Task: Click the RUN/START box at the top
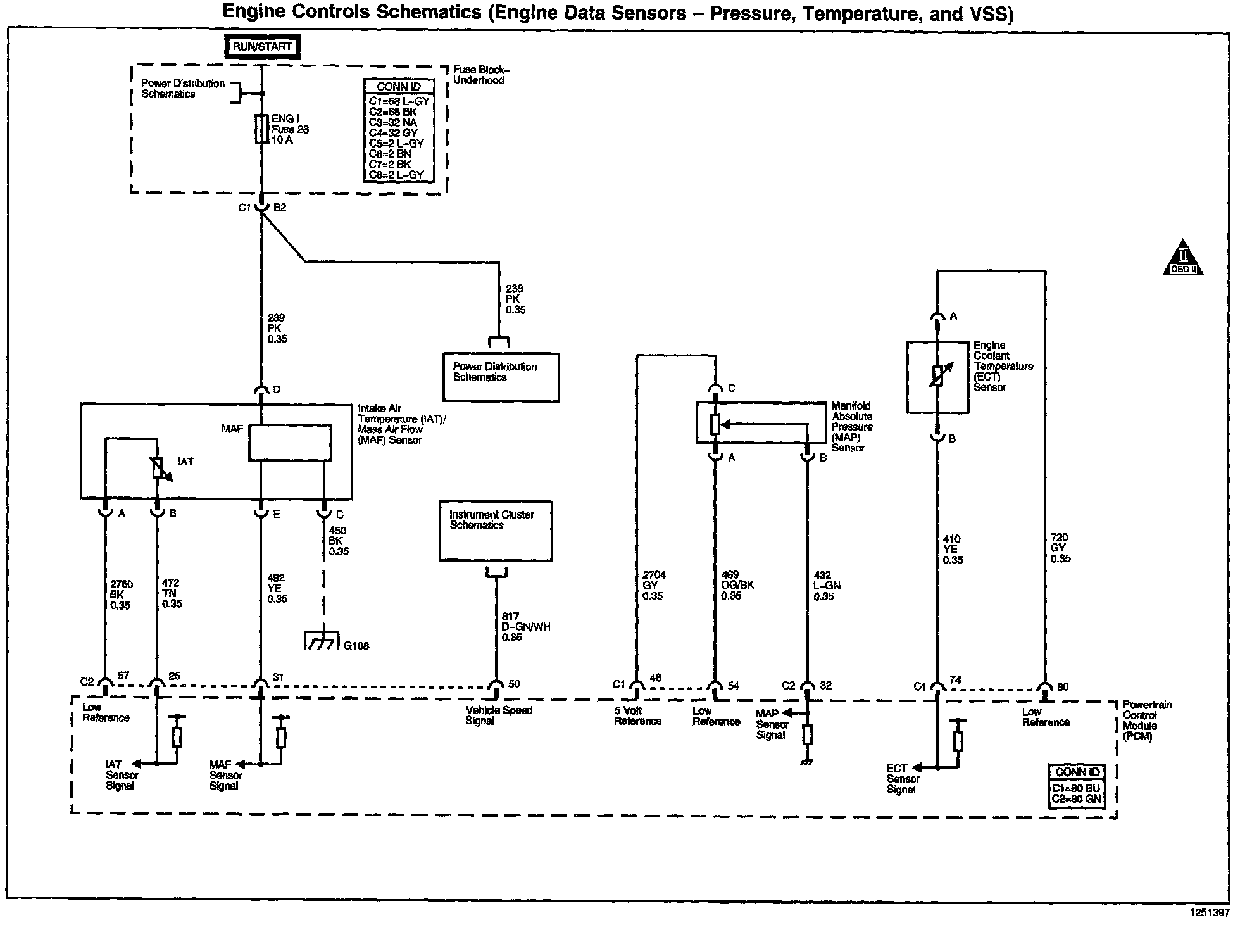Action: coord(263,47)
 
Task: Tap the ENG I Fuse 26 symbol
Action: coord(261,129)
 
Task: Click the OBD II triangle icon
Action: coord(1183,258)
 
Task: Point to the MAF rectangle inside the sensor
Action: coord(289,442)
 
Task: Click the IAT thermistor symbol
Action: coord(158,468)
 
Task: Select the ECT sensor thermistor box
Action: coord(937,377)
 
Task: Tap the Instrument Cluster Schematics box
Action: coord(496,531)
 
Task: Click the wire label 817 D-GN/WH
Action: coord(526,627)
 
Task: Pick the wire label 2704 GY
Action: coord(654,586)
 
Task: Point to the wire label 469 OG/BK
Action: coord(737,586)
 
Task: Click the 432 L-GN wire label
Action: coord(827,586)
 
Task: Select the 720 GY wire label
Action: coord(1060,548)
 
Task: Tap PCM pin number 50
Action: coord(514,684)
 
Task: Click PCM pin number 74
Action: coord(955,681)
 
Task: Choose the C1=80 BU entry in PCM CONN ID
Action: coord(1076,788)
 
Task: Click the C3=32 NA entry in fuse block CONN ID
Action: coord(392,122)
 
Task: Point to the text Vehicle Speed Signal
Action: coord(499,715)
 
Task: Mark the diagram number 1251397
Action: coord(1208,913)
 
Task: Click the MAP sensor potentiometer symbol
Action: coord(715,424)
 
